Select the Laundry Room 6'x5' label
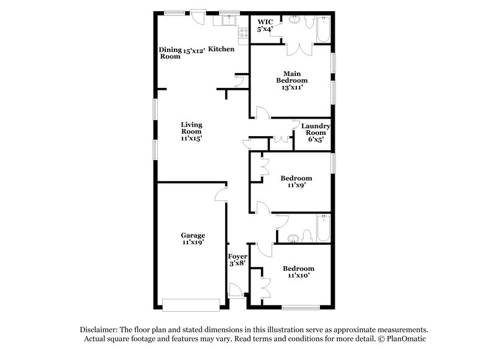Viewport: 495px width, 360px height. pyautogui.click(x=316, y=133)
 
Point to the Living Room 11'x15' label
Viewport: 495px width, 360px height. pyautogui.click(x=191, y=131)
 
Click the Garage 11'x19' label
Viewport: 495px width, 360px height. pyautogui.click(x=192, y=239)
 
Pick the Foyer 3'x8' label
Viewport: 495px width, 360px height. pyautogui.click(x=238, y=260)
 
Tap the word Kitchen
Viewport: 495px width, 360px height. pyautogui.click(x=221, y=49)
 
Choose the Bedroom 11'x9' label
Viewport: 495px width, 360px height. pyautogui.click(x=296, y=182)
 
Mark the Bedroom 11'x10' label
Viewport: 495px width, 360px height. pyautogui.click(x=298, y=272)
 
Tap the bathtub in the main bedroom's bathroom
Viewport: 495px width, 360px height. pyautogui.click(x=322, y=29)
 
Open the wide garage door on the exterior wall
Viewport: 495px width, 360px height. pyautogui.click(x=190, y=304)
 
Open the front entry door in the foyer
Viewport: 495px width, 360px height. pyautogui.click(x=236, y=291)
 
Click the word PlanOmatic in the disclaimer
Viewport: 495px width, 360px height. pyautogui.click(x=407, y=339)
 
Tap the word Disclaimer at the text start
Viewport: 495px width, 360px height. pyautogui.click(x=99, y=330)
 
